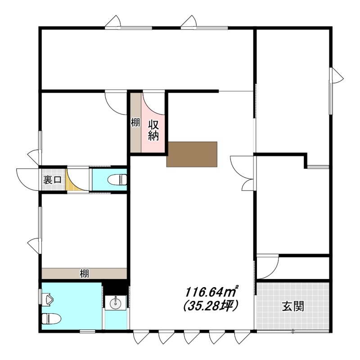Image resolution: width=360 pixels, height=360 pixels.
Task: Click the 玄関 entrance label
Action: tap(293, 306)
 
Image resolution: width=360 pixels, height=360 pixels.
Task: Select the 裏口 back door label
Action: tap(52, 180)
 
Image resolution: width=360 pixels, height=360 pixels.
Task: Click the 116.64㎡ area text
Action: tap(211, 292)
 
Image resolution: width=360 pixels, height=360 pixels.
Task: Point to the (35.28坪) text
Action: tap(210, 306)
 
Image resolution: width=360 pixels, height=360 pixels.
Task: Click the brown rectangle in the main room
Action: tap(192, 154)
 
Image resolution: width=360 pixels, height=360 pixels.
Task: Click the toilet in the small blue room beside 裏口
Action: tap(117, 180)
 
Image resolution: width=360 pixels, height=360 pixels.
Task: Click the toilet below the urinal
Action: tap(51, 319)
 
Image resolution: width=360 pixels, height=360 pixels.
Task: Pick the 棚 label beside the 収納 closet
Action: tap(135, 122)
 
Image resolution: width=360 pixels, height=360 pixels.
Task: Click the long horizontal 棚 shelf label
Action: tap(84, 274)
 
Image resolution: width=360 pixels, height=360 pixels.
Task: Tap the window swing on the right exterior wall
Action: tap(337, 76)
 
